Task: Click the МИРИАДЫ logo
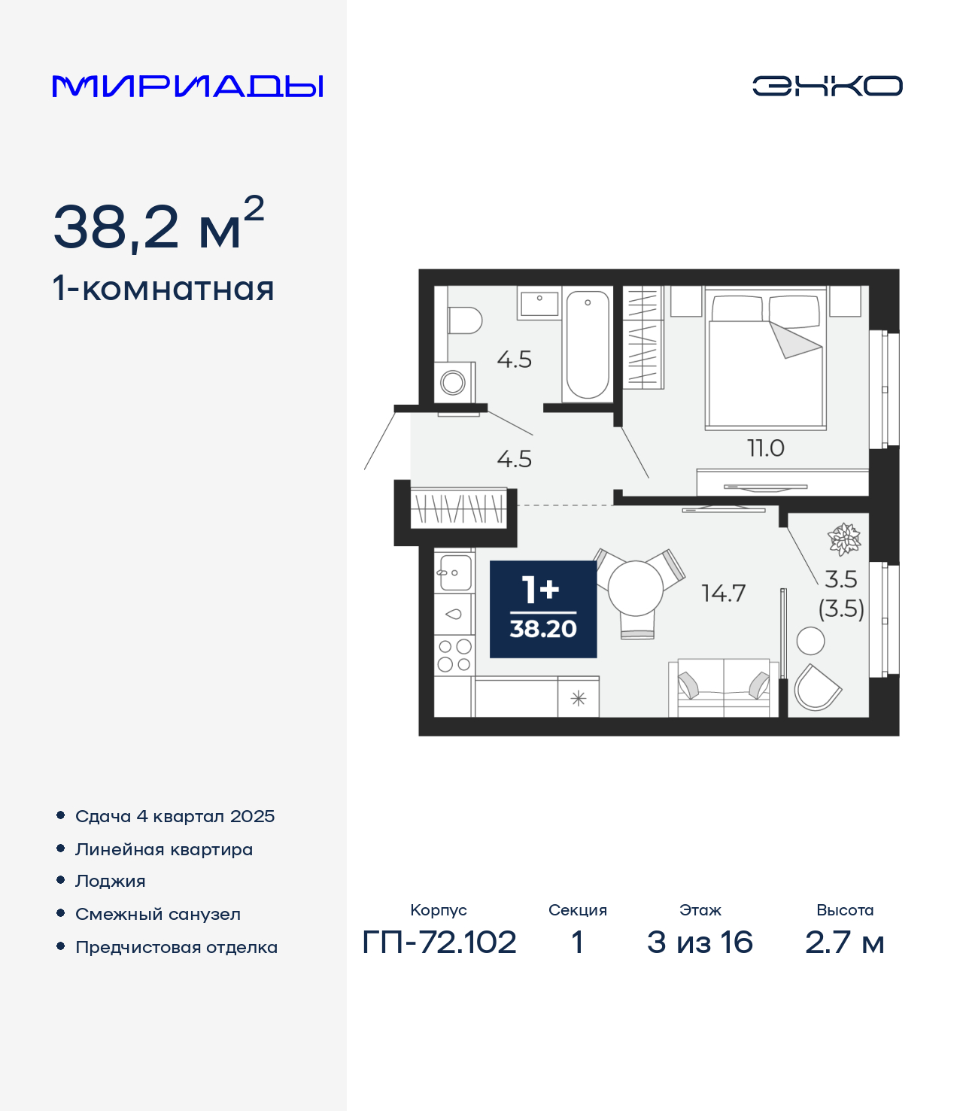pos(187,86)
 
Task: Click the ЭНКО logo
pos(827,86)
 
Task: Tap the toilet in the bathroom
pos(465,320)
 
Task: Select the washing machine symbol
pos(454,382)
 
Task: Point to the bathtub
pos(587,345)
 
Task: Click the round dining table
pos(635,588)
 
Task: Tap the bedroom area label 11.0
pos(766,448)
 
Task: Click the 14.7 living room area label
pos(723,593)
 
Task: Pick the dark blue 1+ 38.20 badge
pos(543,609)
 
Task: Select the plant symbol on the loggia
pos(844,539)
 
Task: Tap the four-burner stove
pos(454,655)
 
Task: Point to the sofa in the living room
pos(723,688)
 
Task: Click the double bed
pos(766,359)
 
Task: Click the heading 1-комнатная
pos(163,289)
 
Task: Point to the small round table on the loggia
pos(810,641)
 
